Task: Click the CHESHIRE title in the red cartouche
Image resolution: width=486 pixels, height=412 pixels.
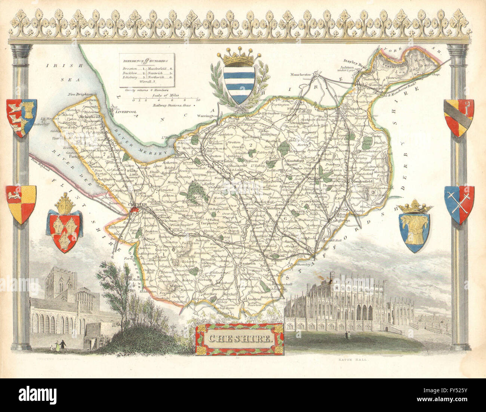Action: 239,339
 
